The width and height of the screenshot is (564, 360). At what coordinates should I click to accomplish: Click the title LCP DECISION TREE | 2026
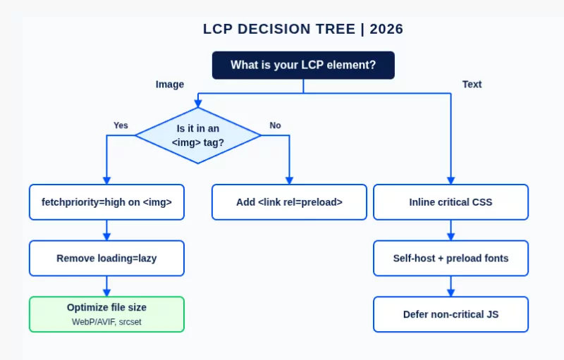(x=302, y=30)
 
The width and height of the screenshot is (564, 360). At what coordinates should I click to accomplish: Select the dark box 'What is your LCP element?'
(x=303, y=66)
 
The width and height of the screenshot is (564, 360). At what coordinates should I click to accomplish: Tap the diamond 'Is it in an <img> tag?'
(x=198, y=135)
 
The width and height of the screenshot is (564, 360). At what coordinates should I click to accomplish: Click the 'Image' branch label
(x=170, y=85)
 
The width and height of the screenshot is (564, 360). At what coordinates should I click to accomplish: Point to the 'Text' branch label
(x=472, y=85)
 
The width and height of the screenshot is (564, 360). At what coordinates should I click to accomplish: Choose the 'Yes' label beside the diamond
(x=121, y=125)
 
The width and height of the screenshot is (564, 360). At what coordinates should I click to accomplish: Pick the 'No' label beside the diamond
(x=275, y=125)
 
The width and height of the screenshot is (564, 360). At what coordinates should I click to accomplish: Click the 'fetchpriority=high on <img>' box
(x=106, y=202)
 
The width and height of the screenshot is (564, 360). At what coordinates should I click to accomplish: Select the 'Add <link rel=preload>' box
(x=289, y=202)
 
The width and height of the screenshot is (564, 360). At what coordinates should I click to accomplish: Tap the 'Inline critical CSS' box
(x=450, y=202)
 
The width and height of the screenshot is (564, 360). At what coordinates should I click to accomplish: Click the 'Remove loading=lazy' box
(x=106, y=258)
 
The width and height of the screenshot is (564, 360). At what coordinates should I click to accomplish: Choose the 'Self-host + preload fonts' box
(x=450, y=258)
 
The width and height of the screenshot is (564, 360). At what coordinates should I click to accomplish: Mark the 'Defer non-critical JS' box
(x=450, y=314)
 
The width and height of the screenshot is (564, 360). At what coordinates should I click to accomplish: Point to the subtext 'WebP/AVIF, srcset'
(x=106, y=322)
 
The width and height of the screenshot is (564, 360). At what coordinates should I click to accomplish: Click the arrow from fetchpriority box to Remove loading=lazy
(x=106, y=230)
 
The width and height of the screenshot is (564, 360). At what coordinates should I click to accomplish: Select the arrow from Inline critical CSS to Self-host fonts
(x=450, y=230)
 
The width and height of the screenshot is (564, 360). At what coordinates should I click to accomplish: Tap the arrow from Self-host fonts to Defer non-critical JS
(x=450, y=286)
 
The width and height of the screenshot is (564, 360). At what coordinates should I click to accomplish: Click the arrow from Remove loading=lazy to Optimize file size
(x=106, y=286)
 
